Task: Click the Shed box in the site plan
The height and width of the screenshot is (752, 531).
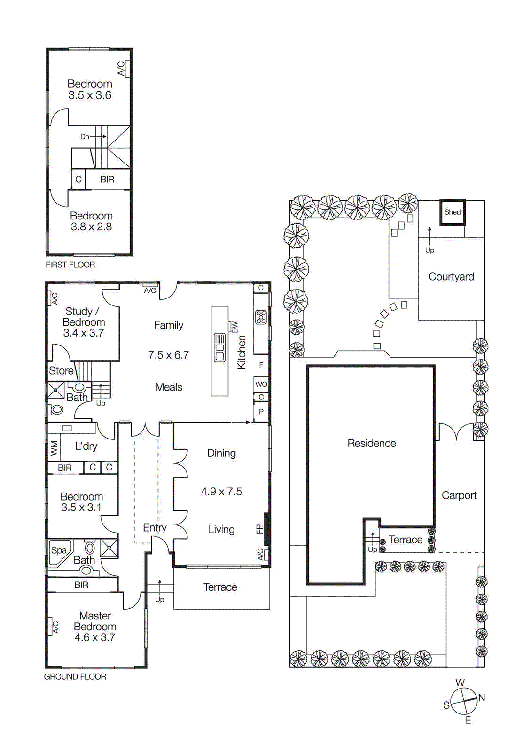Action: pyautogui.click(x=453, y=212)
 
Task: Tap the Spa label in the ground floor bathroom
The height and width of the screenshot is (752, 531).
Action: pyautogui.click(x=59, y=550)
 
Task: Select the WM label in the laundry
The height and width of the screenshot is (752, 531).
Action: pyautogui.click(x=54, y=447)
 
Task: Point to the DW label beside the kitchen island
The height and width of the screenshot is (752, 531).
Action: pyautogui.click(x=234, y=327)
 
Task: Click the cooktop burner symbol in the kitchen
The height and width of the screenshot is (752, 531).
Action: pyautogui.click(x=261, y=317)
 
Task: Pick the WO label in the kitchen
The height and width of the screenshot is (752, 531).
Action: pyautogui.click(x=261, y=384)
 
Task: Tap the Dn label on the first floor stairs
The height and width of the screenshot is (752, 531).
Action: pyautogui.click(x=85, y=137)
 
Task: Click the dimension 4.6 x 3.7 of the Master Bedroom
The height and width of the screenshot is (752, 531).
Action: pyautogui.click(x=95, y=637)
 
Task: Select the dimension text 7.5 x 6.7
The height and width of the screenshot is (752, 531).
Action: pyautogui.click(x=168, y=355)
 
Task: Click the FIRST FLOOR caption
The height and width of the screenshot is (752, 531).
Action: pyautogui.click(x=70, y=265)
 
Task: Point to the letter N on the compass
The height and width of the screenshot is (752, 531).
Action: pyautogui.click(x=482, y=697)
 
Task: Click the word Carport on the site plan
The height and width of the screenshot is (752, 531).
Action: pyautogui.click(x=459, y=495)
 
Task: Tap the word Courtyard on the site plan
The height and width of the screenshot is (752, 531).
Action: pyautogui.click(x=451, y=276)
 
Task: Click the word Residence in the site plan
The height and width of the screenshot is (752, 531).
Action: pyautogui.click(x=371, y=443)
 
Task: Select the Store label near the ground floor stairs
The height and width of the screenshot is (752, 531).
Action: pyautogui.click(x=61, y=370)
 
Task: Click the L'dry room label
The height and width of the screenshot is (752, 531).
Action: pyautogui.click(x=86, y=446)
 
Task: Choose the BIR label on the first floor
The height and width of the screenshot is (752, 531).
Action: pyautogui.click(x=107, y=179)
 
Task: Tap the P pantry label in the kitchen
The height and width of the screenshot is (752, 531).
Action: pyautogui.click(x=261, y=412)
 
